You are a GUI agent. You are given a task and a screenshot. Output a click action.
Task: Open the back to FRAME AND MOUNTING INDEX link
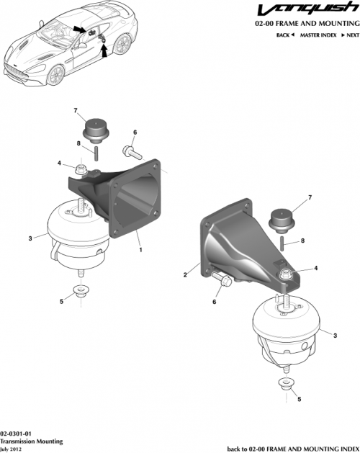click(292, 447)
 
